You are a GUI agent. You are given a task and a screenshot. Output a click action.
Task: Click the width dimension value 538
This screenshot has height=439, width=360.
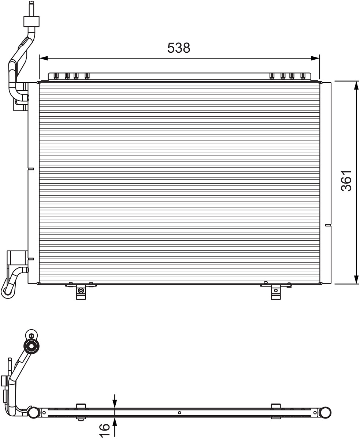tap(179, 48)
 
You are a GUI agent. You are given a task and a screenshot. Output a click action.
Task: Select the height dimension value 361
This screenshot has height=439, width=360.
tap(346, 181)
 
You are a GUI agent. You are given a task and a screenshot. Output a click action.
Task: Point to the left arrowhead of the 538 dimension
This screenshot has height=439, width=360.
tap(43, 58)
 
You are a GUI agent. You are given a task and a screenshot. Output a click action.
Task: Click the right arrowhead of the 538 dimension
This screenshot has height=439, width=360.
tap(315, 58)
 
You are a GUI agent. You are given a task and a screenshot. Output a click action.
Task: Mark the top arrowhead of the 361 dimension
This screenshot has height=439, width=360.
tap(356, 85)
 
